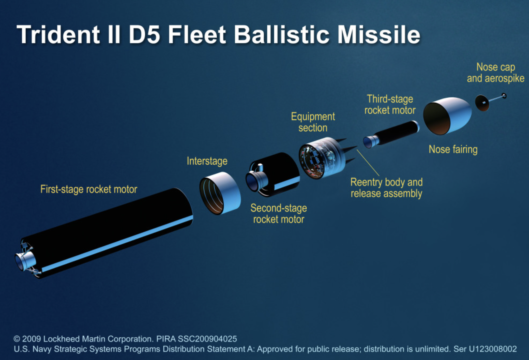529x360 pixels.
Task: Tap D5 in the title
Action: (x=144, y=34)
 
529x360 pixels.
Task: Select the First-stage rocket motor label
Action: (x=89, y=189)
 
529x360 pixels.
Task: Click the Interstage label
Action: (x=207, y=161)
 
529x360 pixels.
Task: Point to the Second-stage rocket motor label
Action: (x=279, y=214)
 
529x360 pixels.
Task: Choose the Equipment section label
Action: (x=313, y=122)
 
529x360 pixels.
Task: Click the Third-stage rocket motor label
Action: (x=390, y=105)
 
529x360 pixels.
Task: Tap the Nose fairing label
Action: (x=453, y=149)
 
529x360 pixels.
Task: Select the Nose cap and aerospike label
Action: (x=496, y=73)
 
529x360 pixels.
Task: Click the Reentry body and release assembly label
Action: (x=386, y=188)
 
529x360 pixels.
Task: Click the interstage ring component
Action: (x=220, y=193)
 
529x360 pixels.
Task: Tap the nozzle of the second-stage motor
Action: (x=256, y=181)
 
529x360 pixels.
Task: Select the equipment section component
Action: (x=322, y=158)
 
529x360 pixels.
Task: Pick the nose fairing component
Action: (x=447, y=116)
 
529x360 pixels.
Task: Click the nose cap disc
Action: (x=482, y=103)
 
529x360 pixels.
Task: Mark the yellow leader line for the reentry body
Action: (x=368, y=163)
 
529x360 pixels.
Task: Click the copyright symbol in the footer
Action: (x=17, y=339)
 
